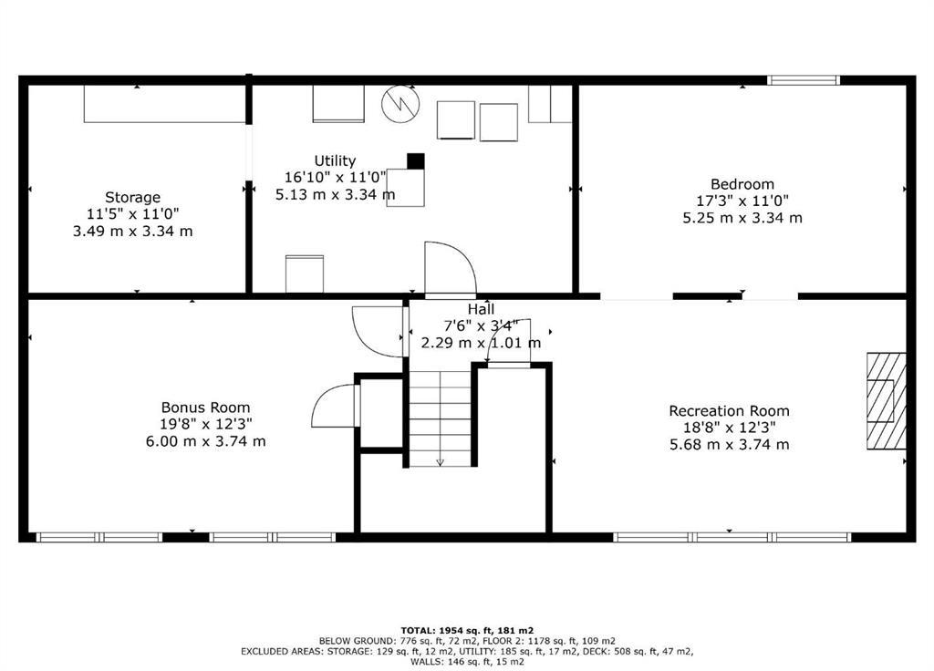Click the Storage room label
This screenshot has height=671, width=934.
click(132, 197)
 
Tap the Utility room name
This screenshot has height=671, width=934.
click(335, 160)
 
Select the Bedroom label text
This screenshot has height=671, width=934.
click(742, 184)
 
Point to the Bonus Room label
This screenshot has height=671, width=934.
click(205, 408)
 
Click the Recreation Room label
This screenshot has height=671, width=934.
click(729, 411)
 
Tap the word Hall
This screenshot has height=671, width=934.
click(481, 310)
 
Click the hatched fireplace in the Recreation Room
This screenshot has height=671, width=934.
click(886, 401)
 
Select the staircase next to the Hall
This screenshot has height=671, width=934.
click(441, 418)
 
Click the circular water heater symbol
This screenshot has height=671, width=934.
click(399, 104)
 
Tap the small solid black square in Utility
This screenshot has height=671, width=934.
click(416, 161)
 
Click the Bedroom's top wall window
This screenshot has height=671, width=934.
click(803, 80)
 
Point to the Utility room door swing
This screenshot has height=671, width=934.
click(450, 269)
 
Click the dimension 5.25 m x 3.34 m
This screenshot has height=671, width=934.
click(742, 218)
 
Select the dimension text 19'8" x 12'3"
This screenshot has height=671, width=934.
click(205, 424)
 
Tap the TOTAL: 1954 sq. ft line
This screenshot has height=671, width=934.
click(467, 630)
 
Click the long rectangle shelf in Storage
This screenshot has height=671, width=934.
click(165, 104)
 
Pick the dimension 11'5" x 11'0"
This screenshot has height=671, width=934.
click(132, 214)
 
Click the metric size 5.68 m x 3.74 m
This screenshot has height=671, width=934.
click(729, 445)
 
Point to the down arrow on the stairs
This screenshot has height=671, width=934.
click(441, 460)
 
